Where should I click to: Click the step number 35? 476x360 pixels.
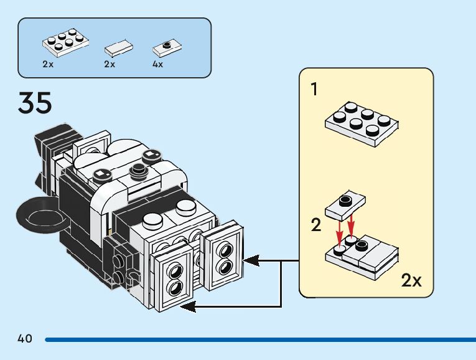pyautogui.click(x=35, y=103)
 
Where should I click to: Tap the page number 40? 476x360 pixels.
pyautogui.click(x=25, y=339)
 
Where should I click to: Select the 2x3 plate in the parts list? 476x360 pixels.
pyautogui.click(x=64, y=42)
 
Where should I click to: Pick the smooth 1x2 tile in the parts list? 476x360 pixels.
pyautogui.click(x=118, y=47)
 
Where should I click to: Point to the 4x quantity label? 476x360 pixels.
pyautogui.click(x=158, y=64)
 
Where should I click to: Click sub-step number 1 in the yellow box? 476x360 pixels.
pyautogui.click(x=314, y=90)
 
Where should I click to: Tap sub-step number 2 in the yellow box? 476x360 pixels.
pyautogui.click(x=316, y=225)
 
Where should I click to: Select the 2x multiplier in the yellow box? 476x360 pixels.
pyautogui.click(x=411, y=281)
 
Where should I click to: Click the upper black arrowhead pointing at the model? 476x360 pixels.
pyautogui.click(x=248, y=260)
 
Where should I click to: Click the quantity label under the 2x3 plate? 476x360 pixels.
pyautogui.click(x=48, y=64)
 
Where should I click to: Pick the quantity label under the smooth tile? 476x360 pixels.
pyautogui.click(x=110, y=64)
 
